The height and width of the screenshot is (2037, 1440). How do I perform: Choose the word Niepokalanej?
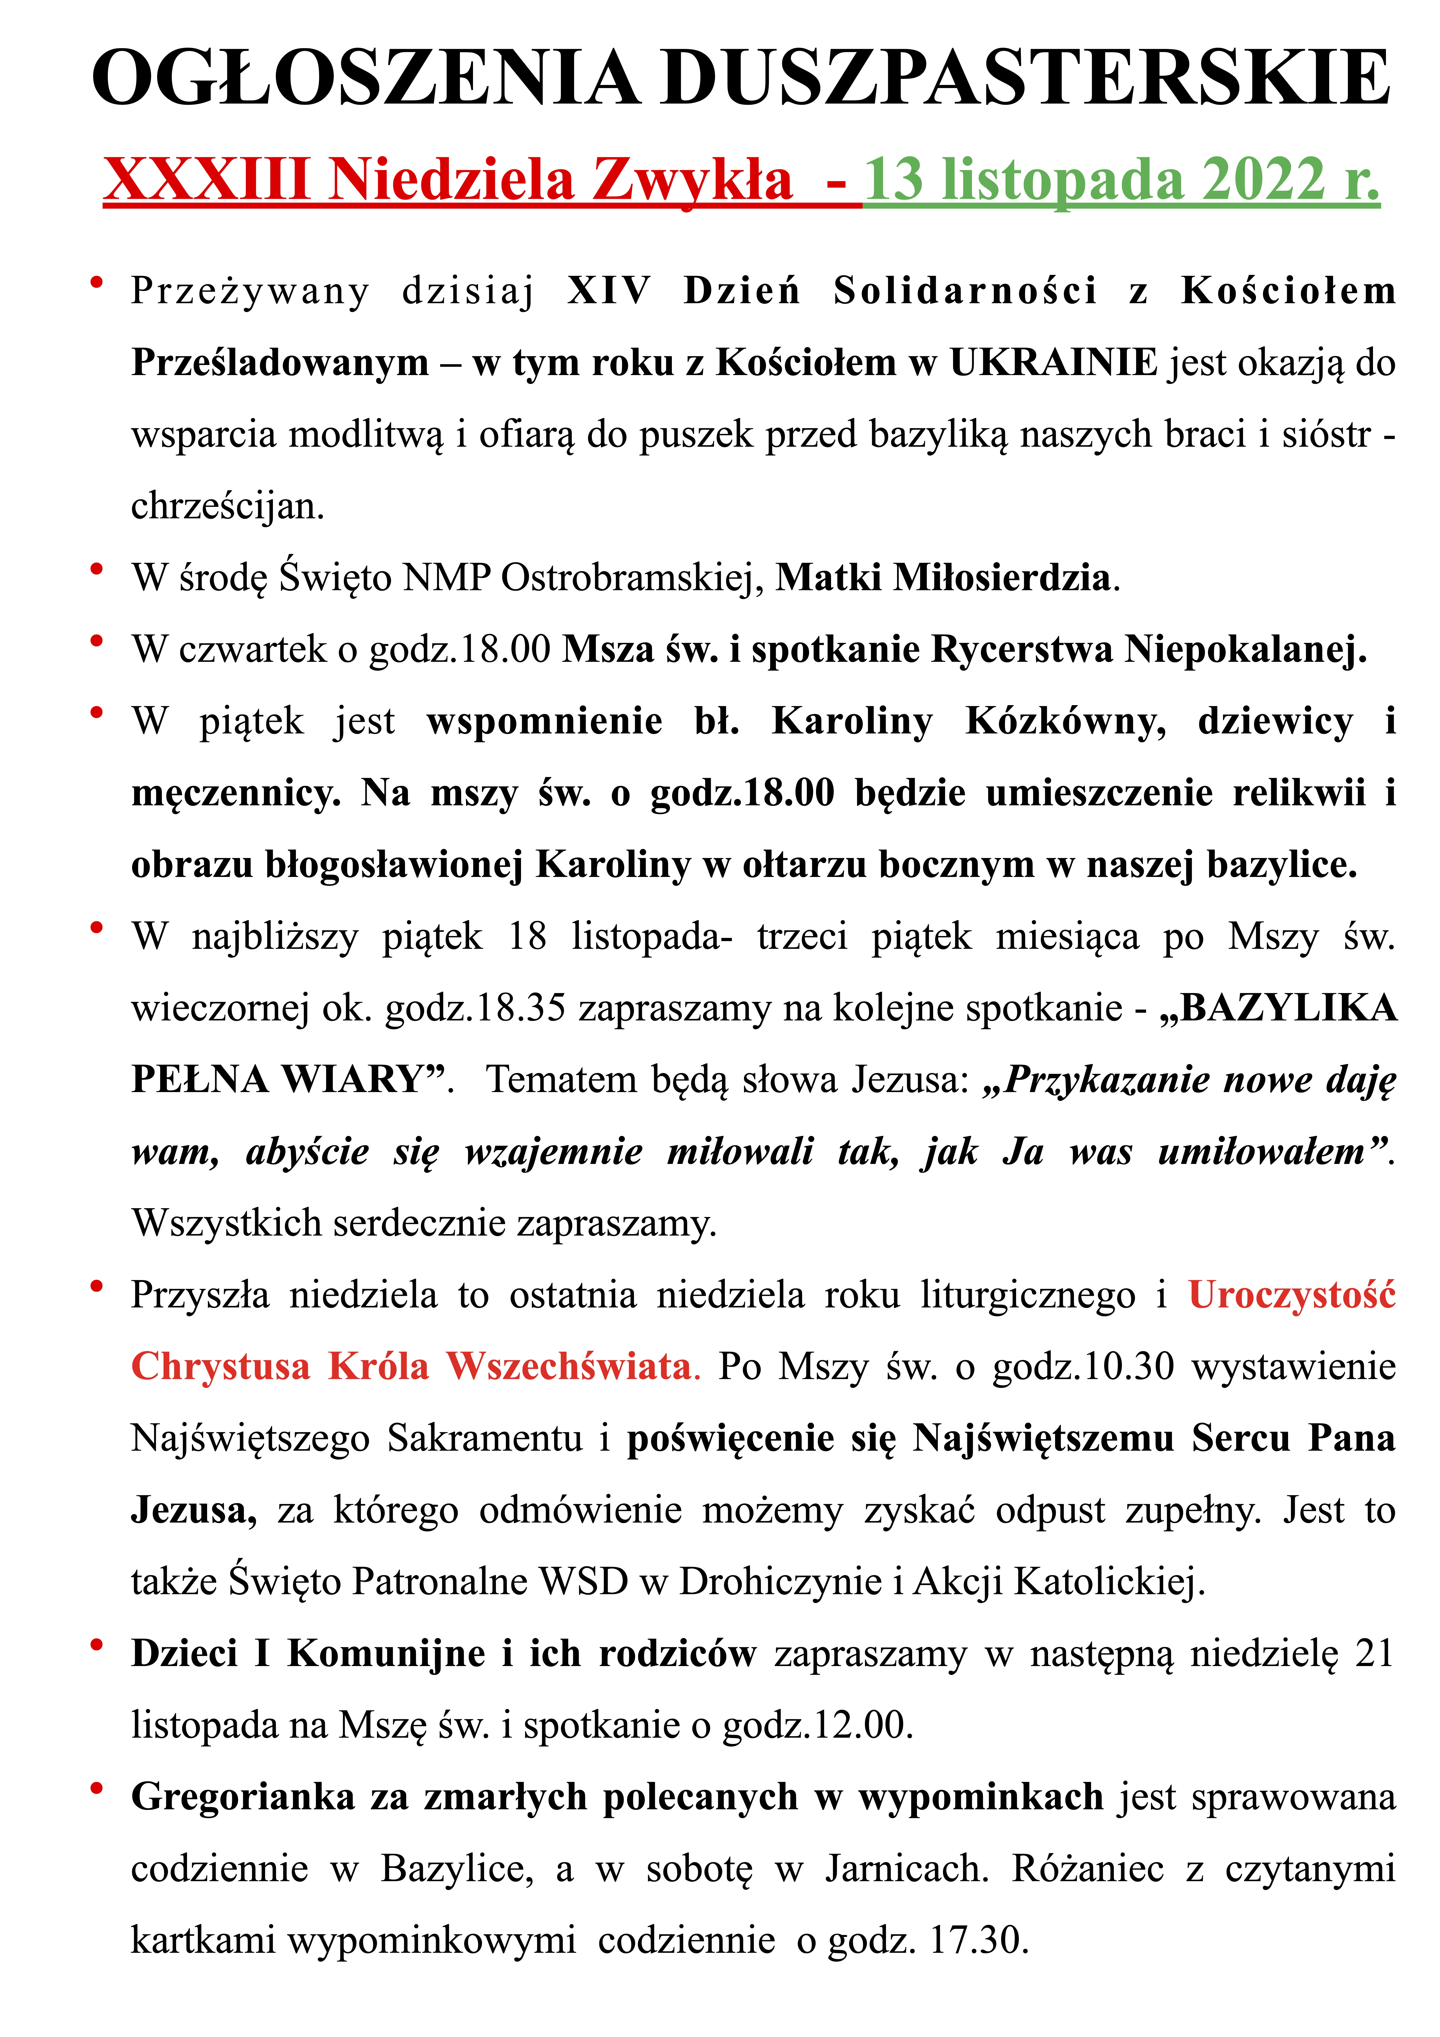click(1245, 649)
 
